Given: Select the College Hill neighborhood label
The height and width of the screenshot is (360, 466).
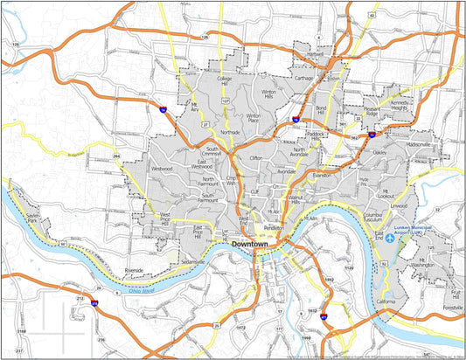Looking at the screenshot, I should [x=225, y=81].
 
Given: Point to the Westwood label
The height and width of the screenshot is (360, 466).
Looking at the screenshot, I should [x=162, y=167].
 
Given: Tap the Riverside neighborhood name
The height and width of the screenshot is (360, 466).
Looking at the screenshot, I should [x=133, y=271].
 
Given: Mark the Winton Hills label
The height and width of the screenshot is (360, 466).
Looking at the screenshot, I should [x=268, y=94].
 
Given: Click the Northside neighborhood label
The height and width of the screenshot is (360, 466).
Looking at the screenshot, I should [x=230, y=132].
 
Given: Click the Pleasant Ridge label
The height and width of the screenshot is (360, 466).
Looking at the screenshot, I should [x=371, y=112].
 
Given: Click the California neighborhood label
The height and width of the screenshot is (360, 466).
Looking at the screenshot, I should [x=386, y=301].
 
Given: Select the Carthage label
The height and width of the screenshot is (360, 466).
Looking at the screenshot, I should [x=303, y=78].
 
